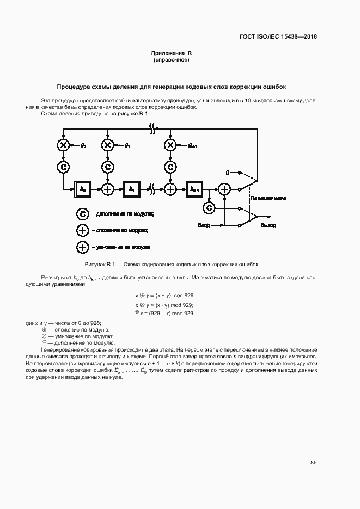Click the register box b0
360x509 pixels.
pyautogui.click(x=84, y=189)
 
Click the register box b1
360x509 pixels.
pyautogui.click(x=131, y=189)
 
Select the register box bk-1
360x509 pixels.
pyautogui.click(x=194, y=189)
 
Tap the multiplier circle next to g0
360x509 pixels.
pyautogui.click(x=64, y=145)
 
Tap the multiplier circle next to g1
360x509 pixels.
pyautogui.click(x=108, y=145)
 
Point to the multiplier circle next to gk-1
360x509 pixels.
pyautogui.click(x=170, y=145)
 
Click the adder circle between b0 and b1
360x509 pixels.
pyautogui.click(x=108, y=189)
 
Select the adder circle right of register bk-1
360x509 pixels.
pyautogui.click(x=224, y=189)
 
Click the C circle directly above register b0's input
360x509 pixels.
pyautogui.click(x=64, y=167)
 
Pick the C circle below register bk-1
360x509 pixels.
pyautogui.click(x=208, y=207)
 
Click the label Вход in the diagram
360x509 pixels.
pyautogui.click(x=203, y=225)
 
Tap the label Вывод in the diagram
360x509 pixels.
pyautogui.click(x=268, y=225)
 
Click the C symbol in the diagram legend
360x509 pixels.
pyautogui.click(x=82, y=214)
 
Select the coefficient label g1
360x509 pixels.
pyautogui.click(x=126, y=145)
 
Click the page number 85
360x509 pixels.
pyautogui.click(x=314, y=462)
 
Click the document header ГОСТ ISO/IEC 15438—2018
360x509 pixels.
pyautogui.click(x=278, y=37)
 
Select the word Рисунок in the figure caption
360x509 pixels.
pyautogui.click(x=115, y=264)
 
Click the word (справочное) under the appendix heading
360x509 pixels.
pyautogui.click(x=171, y=59)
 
